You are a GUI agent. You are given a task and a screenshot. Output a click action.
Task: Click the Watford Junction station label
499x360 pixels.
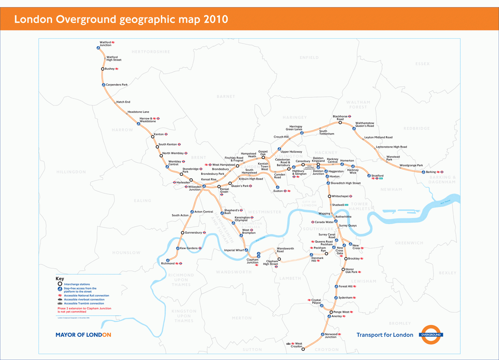coord(105,44)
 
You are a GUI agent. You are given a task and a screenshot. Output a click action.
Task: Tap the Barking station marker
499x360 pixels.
coord(423,172)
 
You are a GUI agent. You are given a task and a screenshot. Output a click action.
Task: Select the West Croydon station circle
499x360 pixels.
coord(303,349)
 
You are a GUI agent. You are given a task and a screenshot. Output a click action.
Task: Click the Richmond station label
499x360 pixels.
coord(168,264)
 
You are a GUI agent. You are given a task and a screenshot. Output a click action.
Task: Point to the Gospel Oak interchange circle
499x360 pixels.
coord(263,158)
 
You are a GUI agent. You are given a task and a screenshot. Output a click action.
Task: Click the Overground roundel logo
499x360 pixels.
coord(431,335)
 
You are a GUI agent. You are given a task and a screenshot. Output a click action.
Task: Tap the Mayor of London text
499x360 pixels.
coord(83,335)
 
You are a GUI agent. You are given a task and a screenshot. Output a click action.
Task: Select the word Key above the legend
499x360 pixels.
coord(60,279)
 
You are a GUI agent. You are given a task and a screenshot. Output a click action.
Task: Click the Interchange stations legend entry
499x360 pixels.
coord(77,284)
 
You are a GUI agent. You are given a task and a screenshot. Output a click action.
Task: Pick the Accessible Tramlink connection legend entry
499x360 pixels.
coord(84,304)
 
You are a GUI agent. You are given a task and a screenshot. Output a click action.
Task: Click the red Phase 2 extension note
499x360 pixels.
coord(84,310)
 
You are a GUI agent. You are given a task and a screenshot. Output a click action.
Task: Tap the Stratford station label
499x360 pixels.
coord(377,176)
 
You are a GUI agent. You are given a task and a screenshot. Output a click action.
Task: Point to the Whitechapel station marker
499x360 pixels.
coord(329,196)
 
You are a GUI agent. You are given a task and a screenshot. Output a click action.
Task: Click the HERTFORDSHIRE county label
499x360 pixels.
coord(151,52)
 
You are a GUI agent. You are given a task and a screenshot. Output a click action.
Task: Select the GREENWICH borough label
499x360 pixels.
coord(409,243)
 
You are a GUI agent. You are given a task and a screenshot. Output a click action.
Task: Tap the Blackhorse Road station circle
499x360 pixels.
coord(340,123)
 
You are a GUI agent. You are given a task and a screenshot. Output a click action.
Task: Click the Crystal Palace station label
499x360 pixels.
coord(316,301)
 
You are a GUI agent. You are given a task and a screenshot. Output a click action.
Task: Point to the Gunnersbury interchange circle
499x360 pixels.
coord(182,233)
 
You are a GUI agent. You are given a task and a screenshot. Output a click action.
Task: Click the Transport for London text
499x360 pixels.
coord(385,335)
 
